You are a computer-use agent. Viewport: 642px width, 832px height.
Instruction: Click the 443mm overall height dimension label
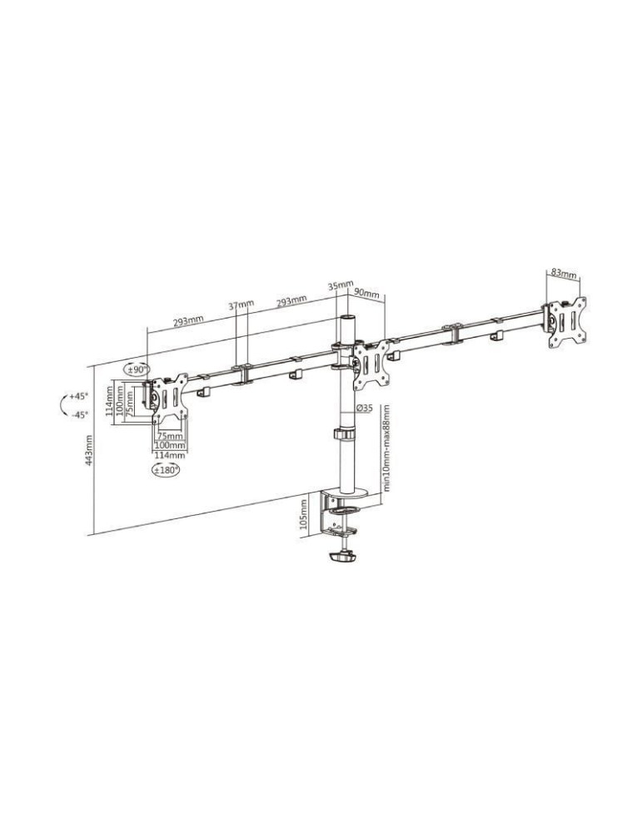click(x=89, y=462)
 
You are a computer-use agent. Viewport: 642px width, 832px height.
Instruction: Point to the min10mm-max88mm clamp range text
click(x=386, y=450)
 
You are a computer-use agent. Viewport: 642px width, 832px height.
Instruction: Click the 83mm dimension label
click(x=564, y=273)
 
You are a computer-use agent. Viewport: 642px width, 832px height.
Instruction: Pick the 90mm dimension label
click(x=367, y=295)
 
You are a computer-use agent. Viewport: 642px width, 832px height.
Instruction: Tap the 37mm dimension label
click(x=241, y=305)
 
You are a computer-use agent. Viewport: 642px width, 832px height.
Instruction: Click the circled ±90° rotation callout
click(x=137, y=369)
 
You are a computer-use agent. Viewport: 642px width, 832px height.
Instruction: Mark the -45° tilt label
click(x=79, y=414)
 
